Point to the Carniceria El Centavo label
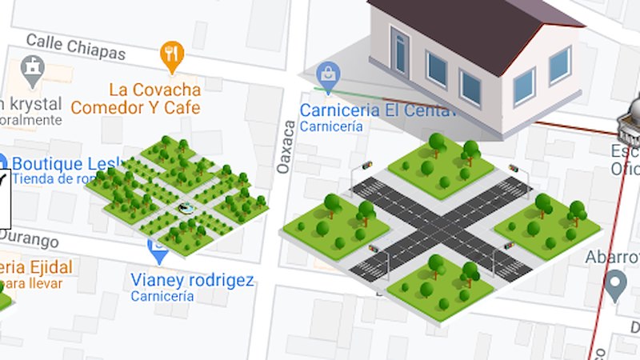376,110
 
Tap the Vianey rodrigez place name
192,281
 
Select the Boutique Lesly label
52,163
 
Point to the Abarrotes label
613,257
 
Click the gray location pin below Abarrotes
614,285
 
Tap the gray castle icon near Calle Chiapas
33,70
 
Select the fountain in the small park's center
186,209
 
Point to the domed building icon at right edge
630,128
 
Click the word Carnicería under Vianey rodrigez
162,297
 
